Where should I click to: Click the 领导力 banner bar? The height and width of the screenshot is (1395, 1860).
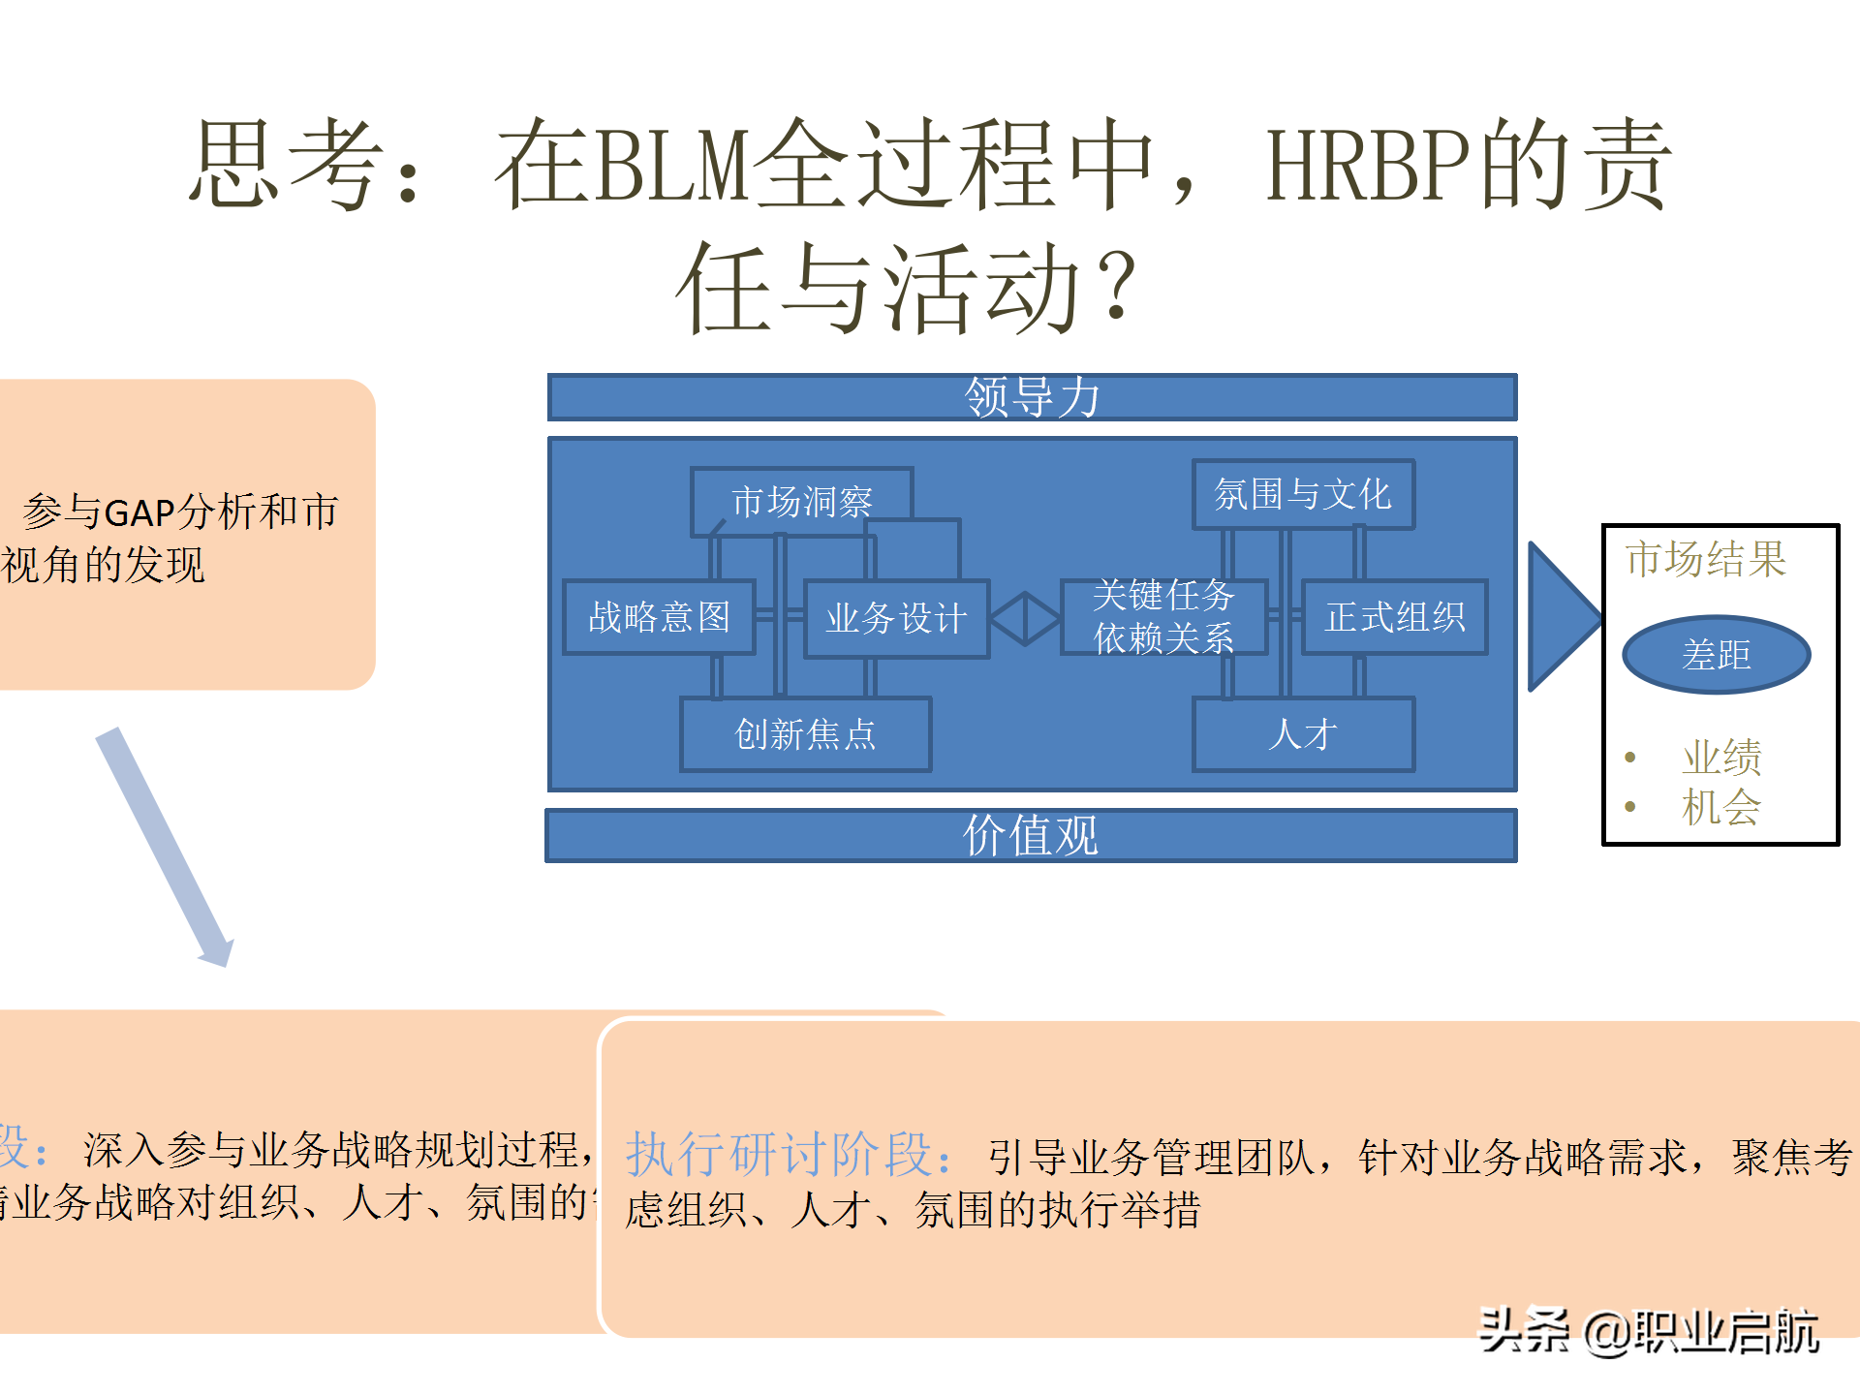point(1032,397)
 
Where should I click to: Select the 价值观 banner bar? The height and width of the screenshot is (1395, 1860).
point(1031,835)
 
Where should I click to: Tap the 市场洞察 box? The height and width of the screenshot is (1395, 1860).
point(802,502)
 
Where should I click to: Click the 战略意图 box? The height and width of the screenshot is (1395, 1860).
point(659,617)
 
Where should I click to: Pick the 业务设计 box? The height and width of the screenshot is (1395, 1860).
point(896,618)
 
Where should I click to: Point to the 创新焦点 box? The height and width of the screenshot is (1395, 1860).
point(805,734)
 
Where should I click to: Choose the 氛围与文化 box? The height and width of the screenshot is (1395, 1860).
point(1303,494)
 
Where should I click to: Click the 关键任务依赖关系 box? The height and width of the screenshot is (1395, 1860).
point(1163,616)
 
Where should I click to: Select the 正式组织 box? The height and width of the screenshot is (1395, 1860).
point(1394,617)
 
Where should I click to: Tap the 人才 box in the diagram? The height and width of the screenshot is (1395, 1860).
point(1303,734)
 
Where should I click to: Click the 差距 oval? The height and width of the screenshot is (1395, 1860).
point(1716,655)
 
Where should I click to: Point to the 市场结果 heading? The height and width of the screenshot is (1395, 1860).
point(1705,559)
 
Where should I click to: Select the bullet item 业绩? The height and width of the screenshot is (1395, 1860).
point(1721,757)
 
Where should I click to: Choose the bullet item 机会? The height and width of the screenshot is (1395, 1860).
point(1721,807)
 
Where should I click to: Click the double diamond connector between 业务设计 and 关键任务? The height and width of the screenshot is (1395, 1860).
point(1025,618)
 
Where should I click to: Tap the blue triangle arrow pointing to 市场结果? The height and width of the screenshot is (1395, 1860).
point(1561,616)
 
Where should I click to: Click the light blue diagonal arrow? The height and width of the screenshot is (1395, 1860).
point(165,848)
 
